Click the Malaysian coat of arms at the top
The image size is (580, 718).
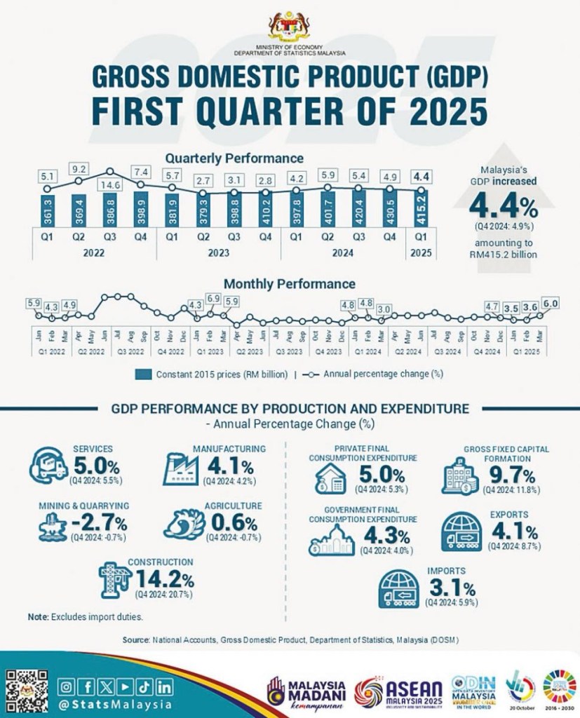290,26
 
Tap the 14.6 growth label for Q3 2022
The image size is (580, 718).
111,185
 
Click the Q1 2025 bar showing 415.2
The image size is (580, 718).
421,209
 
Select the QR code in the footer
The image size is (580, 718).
27,691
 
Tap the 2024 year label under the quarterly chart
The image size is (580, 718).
343,252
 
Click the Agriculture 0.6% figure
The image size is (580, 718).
228,523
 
